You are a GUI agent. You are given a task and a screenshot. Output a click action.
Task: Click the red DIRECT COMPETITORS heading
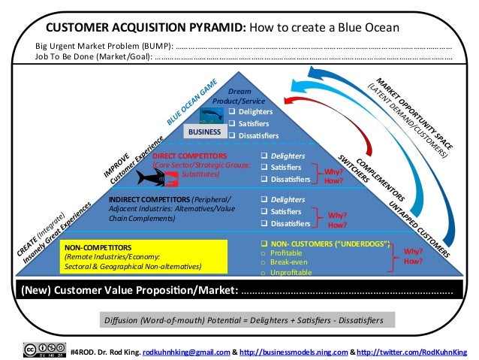point(185,156)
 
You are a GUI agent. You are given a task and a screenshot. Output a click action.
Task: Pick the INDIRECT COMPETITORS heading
point(149,199)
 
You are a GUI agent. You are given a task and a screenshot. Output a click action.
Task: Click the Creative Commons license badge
point(44,350)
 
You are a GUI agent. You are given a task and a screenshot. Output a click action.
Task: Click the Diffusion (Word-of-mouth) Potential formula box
point(243,320)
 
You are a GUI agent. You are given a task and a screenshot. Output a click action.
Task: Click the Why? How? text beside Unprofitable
point(414,256)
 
